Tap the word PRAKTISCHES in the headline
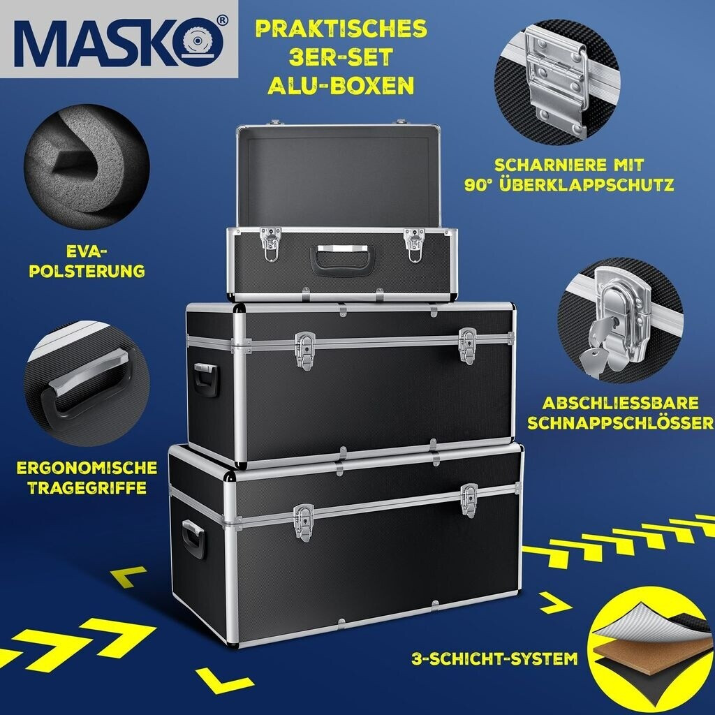(x=341, y=29)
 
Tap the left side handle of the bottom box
(x=194, y=540)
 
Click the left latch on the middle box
(x=305, y=351)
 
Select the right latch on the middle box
(x=468, y=346)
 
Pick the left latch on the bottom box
(x=304, y=522)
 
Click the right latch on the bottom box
(x=469, y=501)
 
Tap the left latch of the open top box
(x=270, y=244)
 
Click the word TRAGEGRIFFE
(x=87, y=487)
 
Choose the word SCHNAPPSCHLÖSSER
(x=621, y=422)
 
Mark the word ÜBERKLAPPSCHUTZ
(x=587, y=184)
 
